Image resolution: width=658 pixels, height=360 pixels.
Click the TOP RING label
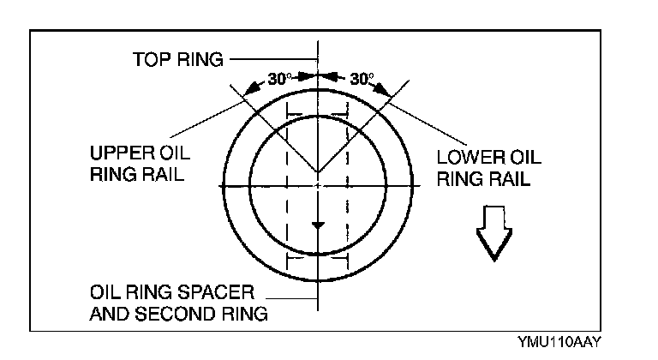(x=178, y=60)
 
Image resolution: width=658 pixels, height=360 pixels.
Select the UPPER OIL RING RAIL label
(x=140, y=166)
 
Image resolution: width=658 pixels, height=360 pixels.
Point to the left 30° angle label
(x=279, y=79)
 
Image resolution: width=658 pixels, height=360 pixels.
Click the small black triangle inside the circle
(x=318, y=225)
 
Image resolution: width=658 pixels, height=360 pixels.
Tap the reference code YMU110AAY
(x=559, y=340)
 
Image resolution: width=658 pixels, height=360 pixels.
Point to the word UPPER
(x=117, y=156)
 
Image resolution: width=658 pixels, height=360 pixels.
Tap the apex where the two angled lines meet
(x=318, y=171)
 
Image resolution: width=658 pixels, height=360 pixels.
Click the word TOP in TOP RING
(x=151, y=60)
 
